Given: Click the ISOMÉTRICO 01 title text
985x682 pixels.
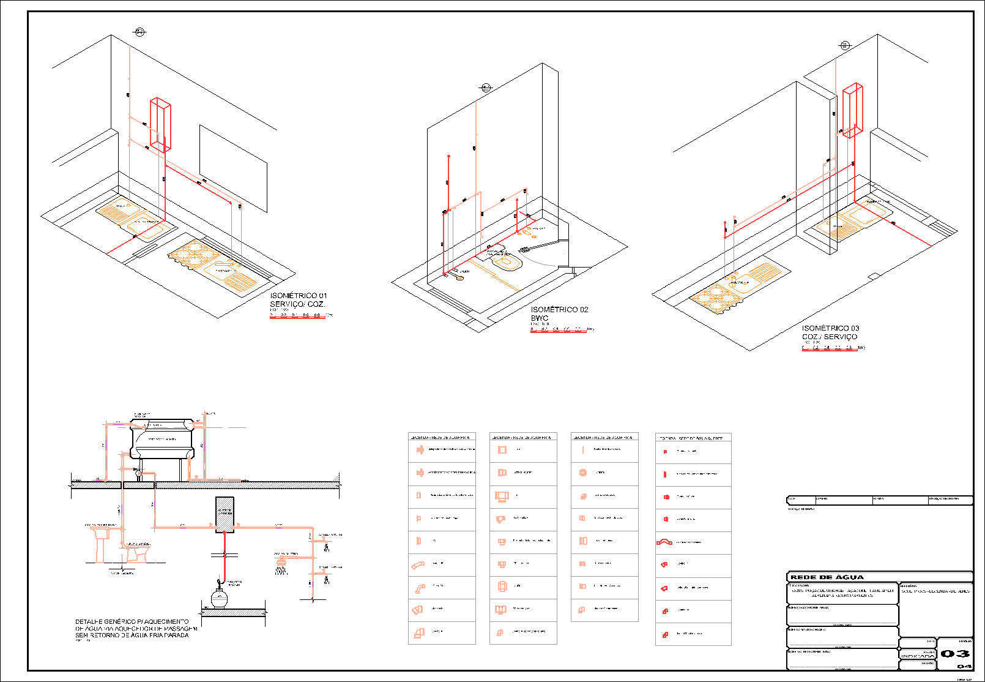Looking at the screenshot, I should point(299,296).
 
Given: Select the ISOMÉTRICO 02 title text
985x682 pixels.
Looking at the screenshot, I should point(559,310).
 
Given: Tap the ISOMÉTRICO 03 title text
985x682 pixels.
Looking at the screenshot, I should point(830,328).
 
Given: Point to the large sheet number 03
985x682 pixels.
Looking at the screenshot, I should point(955,654).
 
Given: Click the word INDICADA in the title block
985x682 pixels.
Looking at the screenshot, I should point(917,656).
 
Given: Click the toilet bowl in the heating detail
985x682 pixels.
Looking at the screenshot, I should point(136,552).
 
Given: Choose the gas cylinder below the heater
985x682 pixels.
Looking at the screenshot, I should point(219,596).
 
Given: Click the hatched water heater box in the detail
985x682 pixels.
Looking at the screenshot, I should point(225,514).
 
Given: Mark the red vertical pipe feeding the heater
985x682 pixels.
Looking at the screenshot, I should point(224,551).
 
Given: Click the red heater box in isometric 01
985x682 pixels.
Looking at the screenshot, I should point(160,125).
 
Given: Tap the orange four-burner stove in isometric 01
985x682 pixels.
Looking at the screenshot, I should point(194,254).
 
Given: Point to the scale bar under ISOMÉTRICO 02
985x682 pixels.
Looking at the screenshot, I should point(559,331).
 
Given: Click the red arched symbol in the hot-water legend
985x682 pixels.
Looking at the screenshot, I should point(664,542).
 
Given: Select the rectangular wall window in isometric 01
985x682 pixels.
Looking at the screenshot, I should point(233,168).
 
